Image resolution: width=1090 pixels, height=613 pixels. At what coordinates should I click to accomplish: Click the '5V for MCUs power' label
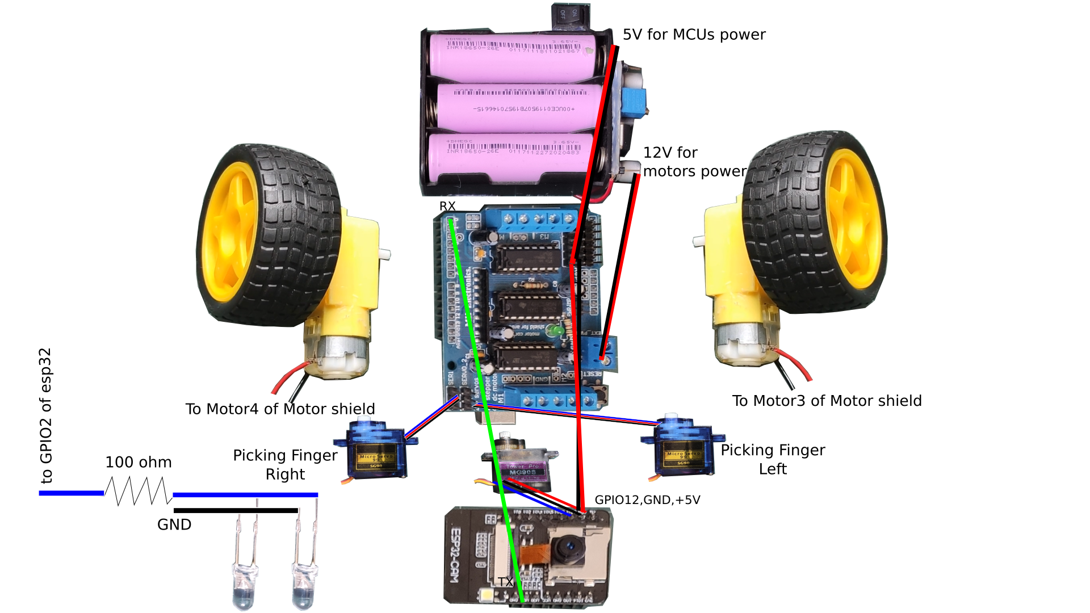point(694,35)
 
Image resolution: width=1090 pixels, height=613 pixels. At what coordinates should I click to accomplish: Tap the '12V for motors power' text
point(694,162)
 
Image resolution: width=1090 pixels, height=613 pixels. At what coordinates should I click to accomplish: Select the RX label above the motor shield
point(447,206)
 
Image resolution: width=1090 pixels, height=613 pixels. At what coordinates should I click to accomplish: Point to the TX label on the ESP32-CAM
point(505,582)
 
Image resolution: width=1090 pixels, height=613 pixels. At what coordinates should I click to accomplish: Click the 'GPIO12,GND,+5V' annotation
point(647,500)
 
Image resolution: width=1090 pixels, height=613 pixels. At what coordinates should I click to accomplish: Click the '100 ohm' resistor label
point(139,462)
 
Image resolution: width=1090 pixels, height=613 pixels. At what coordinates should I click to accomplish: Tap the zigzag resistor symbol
point(138,492)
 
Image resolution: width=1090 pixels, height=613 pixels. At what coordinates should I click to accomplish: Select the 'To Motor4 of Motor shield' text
point(280,409)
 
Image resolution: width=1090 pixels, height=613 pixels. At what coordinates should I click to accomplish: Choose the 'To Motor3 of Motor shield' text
point(827,401)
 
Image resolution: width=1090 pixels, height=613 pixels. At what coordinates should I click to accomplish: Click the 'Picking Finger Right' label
point(285,464)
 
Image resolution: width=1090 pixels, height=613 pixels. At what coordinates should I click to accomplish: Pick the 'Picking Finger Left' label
point(773,459)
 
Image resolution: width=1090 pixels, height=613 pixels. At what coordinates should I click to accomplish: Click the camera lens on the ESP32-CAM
point(569,548)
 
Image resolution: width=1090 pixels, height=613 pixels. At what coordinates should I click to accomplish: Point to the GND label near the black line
point(174,524)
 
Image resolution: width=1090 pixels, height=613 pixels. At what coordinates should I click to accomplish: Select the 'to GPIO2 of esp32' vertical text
point(46,415)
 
